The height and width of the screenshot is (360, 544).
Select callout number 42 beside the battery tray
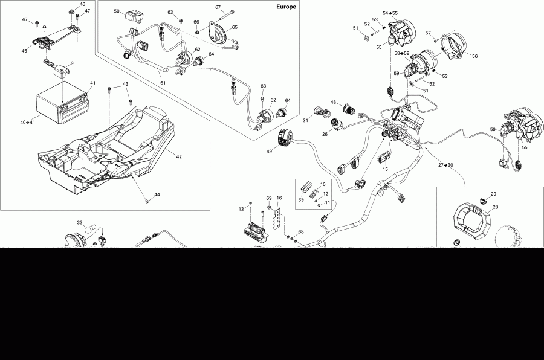(x=178, y=156)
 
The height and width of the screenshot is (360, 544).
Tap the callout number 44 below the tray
(x=157, y=194)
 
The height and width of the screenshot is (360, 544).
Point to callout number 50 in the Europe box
(x=117, y=11)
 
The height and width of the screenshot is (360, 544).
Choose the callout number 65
(x=234, y=27)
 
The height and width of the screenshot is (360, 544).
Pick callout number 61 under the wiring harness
(x=162, y=82)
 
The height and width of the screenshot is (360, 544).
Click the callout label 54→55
(x=390, y=13)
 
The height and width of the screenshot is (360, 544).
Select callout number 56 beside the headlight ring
(x=474, y=56)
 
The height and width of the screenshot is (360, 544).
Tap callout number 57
(x=428, y=33)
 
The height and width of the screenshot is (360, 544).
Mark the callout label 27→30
(x=445, y=164)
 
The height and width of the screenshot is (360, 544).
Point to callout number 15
(x=384, y=170)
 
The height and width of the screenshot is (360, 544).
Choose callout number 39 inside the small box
(x=301, y=200)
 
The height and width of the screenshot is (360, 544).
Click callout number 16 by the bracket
(x=279, y=198)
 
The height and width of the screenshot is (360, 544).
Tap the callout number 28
(x=495, y=207)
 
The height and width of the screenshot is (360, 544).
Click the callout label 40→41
(x=28, y=123)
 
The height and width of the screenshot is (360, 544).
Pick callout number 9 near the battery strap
(x=71, y=63)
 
